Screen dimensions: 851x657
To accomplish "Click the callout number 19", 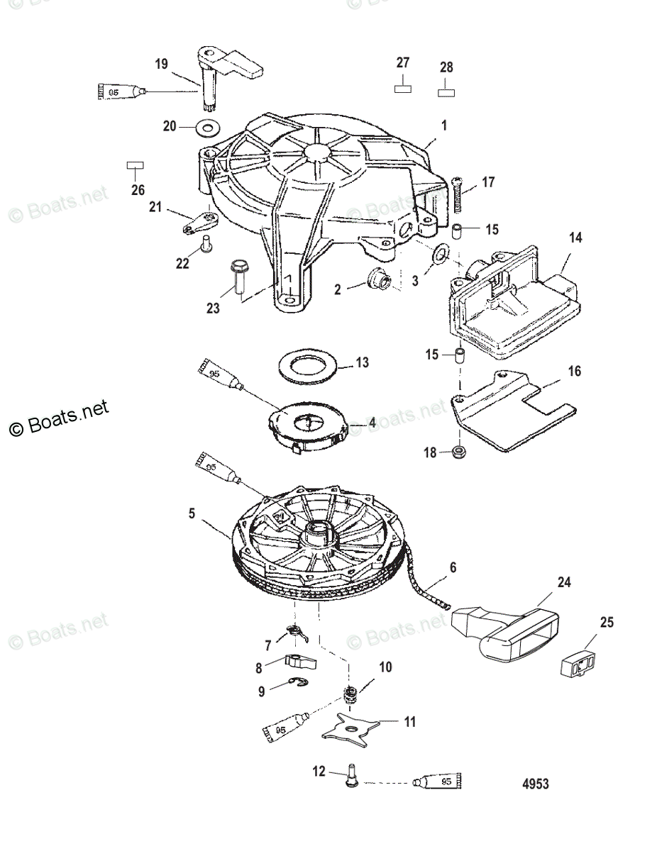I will [161, 65].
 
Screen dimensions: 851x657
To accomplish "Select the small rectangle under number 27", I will [403, 89].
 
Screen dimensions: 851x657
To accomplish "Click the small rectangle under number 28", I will [446, 92].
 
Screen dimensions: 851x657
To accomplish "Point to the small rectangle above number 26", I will [135, 165].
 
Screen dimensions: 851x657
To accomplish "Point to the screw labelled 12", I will [350, 774].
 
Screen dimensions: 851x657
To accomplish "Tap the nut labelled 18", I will [460, 451].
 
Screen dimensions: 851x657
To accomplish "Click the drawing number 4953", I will [535, 784].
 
